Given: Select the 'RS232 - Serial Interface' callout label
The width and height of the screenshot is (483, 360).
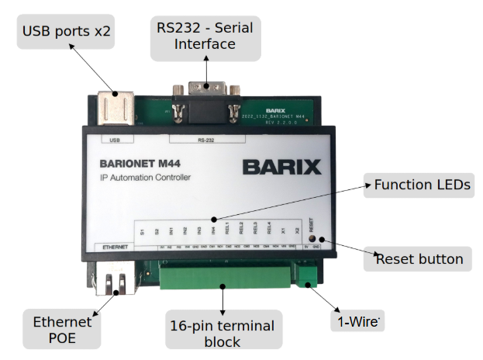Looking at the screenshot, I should [x=205, y=36].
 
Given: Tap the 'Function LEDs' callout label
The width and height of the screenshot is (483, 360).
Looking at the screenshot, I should [x=422, y=185].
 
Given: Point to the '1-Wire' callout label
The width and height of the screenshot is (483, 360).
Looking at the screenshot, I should [x=358, y=321].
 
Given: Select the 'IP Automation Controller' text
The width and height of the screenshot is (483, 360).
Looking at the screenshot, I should [x=145, y=178].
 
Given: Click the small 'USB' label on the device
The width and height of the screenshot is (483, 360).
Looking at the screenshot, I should [x=116, y=140].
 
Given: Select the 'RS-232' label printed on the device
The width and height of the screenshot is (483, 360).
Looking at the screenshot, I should [x=206, y=140].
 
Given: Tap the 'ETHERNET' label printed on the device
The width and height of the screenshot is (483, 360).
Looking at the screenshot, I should [x=113, y=246].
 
